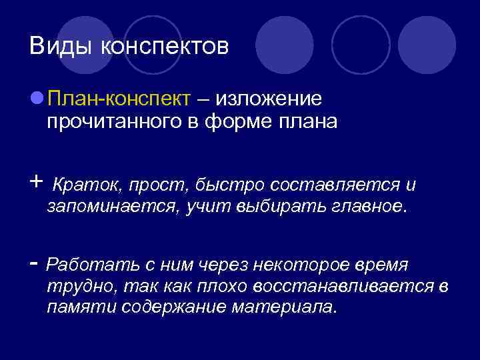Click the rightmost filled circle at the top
pos(427,45)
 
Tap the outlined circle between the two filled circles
pos(361,45)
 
